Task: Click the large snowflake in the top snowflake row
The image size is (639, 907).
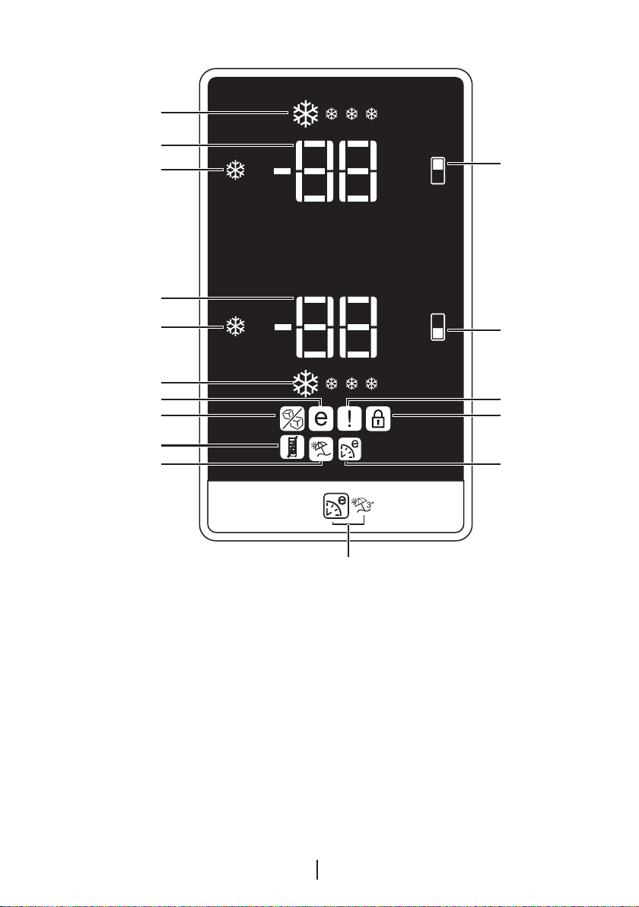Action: pos(305,114)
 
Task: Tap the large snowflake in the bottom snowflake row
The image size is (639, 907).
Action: pos(305,383)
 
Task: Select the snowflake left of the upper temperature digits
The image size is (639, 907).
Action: pos(235,170)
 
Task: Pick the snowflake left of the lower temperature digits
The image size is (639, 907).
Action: pos(235,327)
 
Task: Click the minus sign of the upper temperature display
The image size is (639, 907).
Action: pos(283,170)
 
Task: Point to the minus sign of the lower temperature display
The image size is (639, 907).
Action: pos(283,327)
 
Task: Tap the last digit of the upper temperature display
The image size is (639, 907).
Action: pos(358,170)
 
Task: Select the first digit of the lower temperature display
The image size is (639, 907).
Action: pos(315,327)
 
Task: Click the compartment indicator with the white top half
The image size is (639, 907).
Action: pos(437,170)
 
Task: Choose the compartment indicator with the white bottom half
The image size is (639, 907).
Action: pos(437,327)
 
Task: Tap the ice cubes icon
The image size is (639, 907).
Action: pos(292,418)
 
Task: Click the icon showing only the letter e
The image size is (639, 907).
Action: pos(321,418)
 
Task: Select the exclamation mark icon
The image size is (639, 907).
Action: pos(350,418)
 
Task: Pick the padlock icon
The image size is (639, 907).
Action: pos(378,418)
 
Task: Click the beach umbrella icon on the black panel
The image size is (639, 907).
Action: pos(321,448)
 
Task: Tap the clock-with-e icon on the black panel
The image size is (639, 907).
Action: pos(350,450)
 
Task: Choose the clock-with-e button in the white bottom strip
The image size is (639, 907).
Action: pos(335,505)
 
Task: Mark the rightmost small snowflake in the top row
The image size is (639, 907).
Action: pos(372,114)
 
